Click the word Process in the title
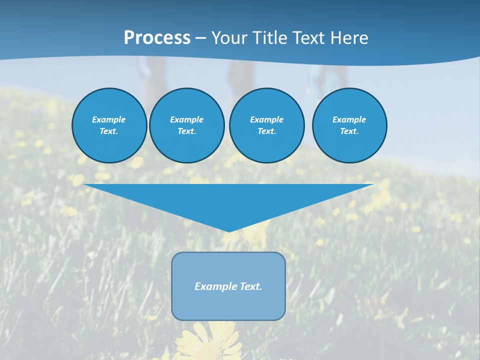click(157, 38)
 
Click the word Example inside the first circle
click(109, 119)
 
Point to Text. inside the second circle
click(186, 131)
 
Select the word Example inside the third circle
click(266, 119)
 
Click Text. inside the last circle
click(349, 131)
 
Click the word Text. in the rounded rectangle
click(250, 286)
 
